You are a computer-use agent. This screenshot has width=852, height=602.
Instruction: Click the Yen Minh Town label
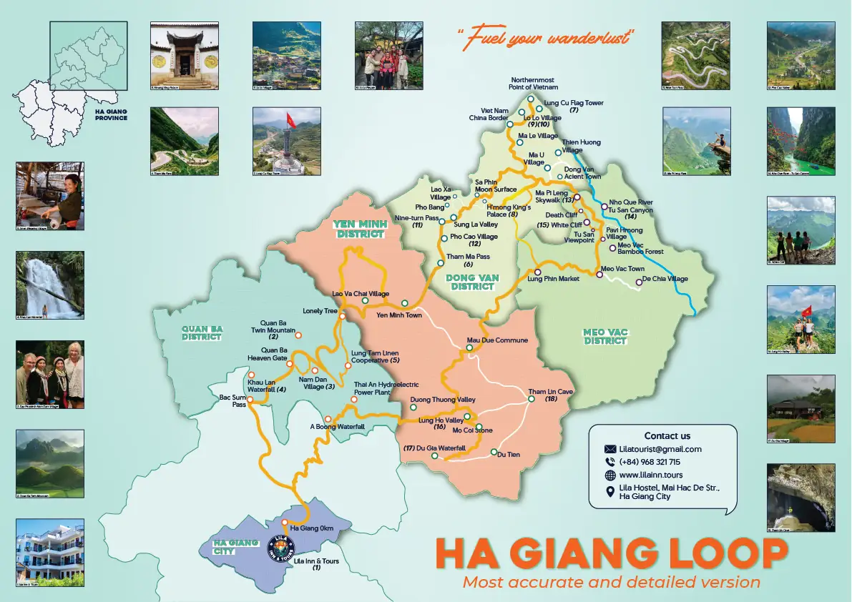pos(398,315)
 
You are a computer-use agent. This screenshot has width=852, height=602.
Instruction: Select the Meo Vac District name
pos(605,336)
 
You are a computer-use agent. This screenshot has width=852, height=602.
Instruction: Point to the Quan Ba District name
pos(202,333)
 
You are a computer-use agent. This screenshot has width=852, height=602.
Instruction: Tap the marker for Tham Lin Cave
pos(532,399)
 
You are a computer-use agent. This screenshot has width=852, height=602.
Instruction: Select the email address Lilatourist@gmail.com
pos(660,449)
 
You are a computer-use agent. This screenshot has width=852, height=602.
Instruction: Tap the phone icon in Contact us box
pos(610,462)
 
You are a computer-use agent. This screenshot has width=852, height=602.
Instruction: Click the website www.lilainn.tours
pos(651,475)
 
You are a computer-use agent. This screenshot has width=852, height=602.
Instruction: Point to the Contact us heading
pos(667,435)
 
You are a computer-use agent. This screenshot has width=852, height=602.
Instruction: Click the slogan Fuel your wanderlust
pos(547,36)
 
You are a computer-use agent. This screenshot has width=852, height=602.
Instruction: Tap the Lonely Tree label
pos(320,311)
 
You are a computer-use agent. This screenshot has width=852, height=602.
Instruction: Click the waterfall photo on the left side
pos(49,285)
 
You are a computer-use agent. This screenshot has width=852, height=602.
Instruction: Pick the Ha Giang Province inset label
pos(111,114)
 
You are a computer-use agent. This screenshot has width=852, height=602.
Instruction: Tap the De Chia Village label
pos(665,279)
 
